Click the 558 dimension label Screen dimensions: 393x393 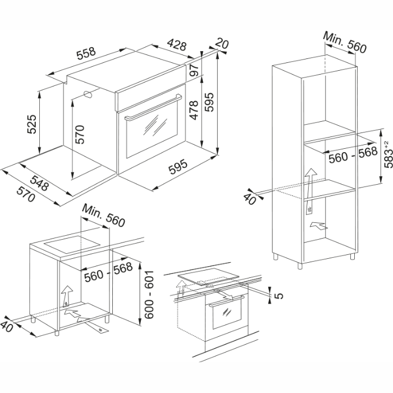tap(86, 54)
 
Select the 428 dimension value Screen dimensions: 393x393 tap(176, 46)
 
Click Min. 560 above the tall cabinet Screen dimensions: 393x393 tap(345, 43)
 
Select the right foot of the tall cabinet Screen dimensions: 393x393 tap(353, 257)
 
